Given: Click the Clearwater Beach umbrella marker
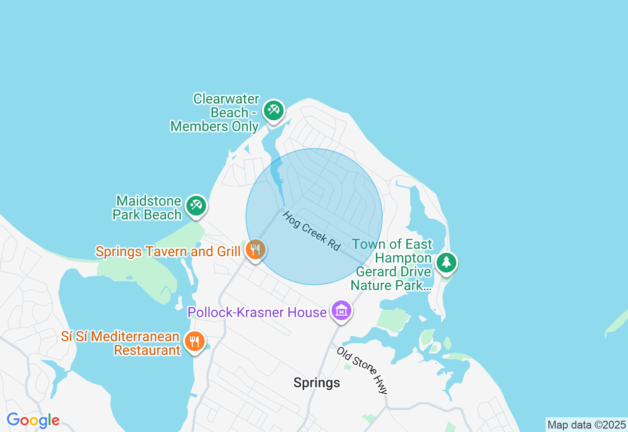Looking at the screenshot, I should point(273,110).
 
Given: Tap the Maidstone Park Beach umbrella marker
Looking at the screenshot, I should point(196,206).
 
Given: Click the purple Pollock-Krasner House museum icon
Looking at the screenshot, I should point(341,311).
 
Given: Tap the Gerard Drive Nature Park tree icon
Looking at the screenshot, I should point(446,262).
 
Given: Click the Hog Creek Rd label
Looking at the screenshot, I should point(311,231).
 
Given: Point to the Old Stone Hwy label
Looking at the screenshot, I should point(362,370).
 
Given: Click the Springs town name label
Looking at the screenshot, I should point(316,382).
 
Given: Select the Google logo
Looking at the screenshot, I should point(33,421).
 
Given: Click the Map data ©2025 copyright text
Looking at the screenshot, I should point(586,425).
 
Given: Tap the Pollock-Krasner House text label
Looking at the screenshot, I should point(257,312).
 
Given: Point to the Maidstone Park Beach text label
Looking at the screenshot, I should point(147,208).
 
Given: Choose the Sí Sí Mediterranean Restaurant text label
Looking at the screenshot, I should point(121,344).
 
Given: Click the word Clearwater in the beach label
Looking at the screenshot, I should point(226,99).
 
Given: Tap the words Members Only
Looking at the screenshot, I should point(214,127).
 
